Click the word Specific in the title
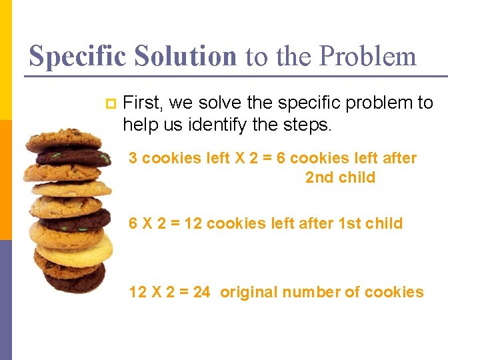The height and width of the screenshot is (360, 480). click(x=77, y=56)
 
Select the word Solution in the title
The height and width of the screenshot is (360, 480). click(x=185, y=56)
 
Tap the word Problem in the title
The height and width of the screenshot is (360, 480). click(x=367, y=56)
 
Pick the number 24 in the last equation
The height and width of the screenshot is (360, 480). click(x=201, y=292)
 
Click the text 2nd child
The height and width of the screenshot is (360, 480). click(x=340, y=177)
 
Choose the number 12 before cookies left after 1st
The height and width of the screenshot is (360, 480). click(x=193, y=223)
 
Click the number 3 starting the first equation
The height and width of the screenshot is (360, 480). click(x=133, y=158)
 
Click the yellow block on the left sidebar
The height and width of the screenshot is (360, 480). click(x=5, y=60)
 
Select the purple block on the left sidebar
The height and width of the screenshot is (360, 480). click(x=5, y=300)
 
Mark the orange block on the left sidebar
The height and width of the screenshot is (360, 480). click(x=5, y=180)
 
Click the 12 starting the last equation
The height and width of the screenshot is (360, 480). click(x=138, y=292)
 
